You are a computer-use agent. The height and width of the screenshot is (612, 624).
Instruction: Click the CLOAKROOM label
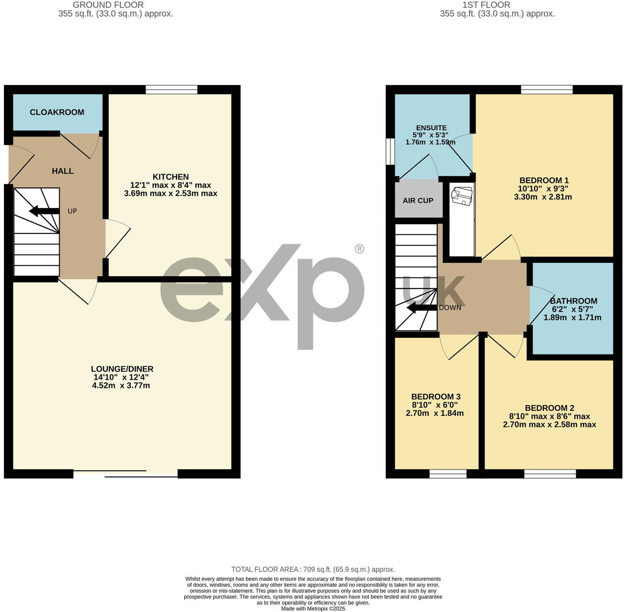click(x=57, y=112)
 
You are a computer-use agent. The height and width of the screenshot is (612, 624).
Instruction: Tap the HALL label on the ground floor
click(x=63, y=171)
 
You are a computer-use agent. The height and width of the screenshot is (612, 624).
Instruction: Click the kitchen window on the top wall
click(x=171, y=90)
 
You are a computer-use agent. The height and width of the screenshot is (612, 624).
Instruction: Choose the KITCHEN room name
click(x=170, y=176)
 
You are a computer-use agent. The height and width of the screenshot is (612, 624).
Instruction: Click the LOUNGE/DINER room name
click(x=122, y=369)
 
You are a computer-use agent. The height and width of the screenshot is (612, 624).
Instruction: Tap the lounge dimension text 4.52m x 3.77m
click(x=121, y=385)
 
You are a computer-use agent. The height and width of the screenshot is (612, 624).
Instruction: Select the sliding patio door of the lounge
click(x=126, y=473)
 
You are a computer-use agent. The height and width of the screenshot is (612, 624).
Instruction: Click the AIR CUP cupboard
click(x=418, y=200)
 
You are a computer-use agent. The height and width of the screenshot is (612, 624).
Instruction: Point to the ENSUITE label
click(x=431, y=128)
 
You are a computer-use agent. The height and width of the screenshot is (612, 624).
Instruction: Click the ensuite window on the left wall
click(x=391, y=151)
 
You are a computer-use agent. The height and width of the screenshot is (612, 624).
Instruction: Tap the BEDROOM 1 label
click(x=544, y=180)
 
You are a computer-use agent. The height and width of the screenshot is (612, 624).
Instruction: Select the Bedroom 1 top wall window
click(x=547, y=90)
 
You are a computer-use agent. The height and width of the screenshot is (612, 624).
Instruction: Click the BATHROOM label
click(x=573, y=301)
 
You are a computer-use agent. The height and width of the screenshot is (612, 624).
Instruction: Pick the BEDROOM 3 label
click(x=435, y=397)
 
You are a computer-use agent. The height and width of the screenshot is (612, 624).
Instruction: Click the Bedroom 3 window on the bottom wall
click(x=448, y=473)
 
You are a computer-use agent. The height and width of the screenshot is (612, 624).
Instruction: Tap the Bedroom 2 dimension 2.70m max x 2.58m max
click(x=549, y=425)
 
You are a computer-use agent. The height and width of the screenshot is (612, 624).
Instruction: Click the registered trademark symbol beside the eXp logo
click(x=360, y=249)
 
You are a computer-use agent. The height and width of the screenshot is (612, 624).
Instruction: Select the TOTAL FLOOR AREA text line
click(x=313, y=569)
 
